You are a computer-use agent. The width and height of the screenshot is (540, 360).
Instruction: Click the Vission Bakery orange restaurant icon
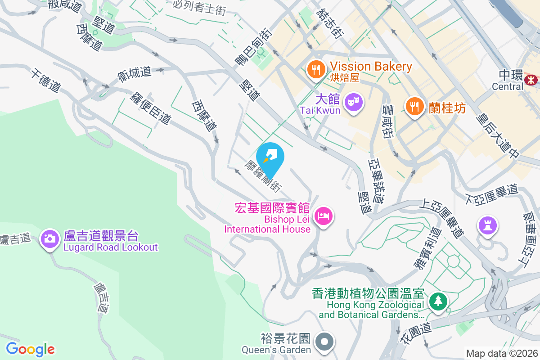(x=316, y=69)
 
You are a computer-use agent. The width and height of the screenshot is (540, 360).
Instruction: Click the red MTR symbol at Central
(x=531, y=80)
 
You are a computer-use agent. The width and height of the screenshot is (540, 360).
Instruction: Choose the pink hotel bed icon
(x=324, y=216)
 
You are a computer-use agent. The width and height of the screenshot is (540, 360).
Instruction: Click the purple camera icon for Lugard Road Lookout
(x=50, y=238)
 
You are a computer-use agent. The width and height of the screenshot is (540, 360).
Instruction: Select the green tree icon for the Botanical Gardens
(x=437, y=301)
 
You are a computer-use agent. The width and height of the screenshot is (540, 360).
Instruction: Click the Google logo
(x=30, y=349)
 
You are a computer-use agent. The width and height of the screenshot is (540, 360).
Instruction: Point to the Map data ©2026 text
(x=502, y=354)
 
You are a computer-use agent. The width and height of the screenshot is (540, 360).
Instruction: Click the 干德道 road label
(x=45, y=81)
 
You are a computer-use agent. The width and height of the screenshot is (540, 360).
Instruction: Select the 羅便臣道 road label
(x=151, y=108)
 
